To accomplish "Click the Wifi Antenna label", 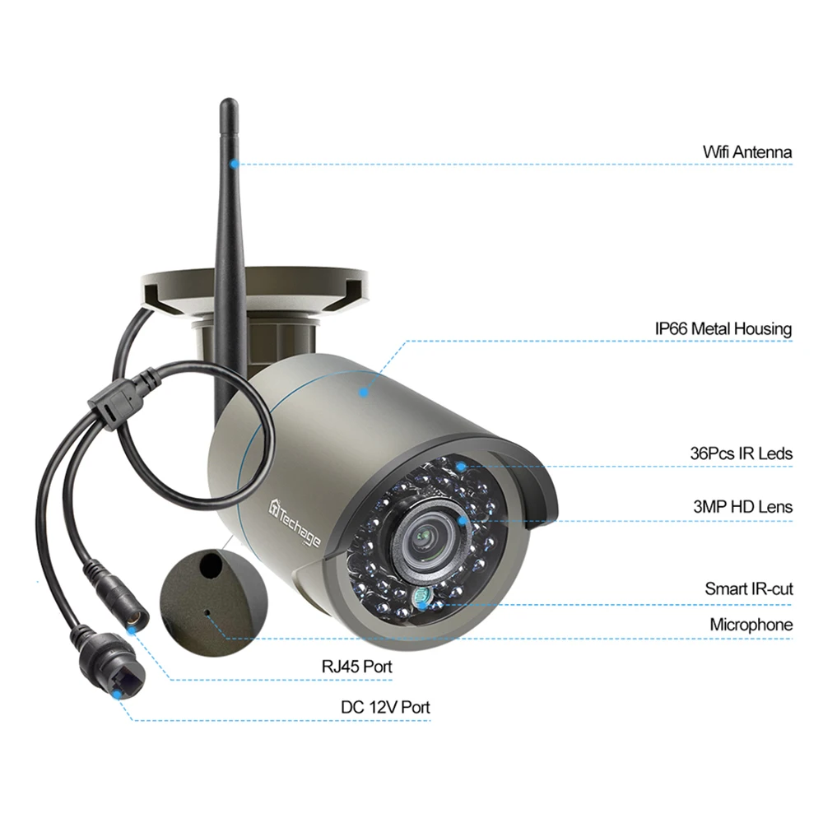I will pos(746,152).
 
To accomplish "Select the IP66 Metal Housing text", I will pos(723,329).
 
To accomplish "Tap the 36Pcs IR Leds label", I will pos(741,453).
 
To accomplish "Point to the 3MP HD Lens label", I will pos(742,507).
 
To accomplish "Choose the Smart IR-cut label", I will pos(748,588).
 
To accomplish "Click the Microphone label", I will pos(751,625).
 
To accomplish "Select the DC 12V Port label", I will pos(385,707).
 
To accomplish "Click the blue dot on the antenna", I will pos(234,163).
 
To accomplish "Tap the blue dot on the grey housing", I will pos(364,393).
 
